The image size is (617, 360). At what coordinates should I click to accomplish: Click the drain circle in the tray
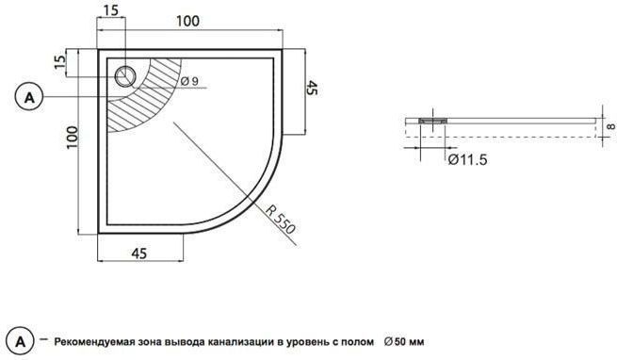click(125, 75)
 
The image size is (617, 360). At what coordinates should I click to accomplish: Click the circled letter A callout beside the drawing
click(29, 97)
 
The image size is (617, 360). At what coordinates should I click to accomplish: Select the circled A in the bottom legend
click(21, 341)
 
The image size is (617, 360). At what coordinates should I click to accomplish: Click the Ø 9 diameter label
click(189, 81)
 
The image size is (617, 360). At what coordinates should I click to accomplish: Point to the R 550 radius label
click(280, 219)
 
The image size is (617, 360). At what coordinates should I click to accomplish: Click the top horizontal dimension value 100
click(187, 21)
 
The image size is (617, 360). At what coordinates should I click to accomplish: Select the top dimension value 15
click(111, 10)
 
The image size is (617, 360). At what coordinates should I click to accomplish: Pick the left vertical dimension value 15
click(59, 61)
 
